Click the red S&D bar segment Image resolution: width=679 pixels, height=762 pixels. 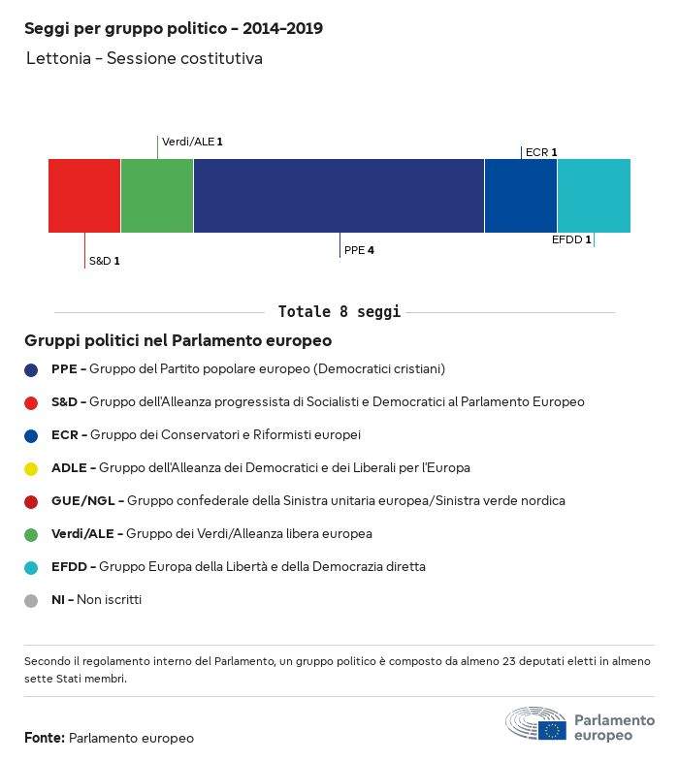pyautogui.click(x=84, y=196)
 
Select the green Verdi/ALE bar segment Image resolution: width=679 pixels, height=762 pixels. pyautogui.click(x=157, y=196)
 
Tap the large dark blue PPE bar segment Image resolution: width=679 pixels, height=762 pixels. pyautogui.click(x=339, y=196)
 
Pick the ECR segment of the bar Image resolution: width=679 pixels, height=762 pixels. pyautogui.click(x=521, y=196)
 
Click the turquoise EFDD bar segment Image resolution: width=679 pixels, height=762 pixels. pyautogui.click(x=594, y=196)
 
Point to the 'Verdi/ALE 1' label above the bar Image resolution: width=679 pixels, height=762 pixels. pyautogui.click(x=192, y=142)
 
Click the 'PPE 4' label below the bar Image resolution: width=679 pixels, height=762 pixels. pyautogui.click(x=359, y=250)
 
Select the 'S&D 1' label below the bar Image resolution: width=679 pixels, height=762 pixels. pyautogui.click(x=104, y=261)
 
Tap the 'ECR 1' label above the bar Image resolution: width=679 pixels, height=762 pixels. pyautogui.click(x=540, y=152)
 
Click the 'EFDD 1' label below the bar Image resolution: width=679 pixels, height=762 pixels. pyautogui.click(x=571, y=239)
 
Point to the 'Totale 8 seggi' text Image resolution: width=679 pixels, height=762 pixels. pyautogui.click(x=339, y=312)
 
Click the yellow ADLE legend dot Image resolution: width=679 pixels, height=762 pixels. pyautogui.click(x=31, y=468)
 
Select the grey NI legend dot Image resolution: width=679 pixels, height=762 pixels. pyautogui.click(x=31, y=600)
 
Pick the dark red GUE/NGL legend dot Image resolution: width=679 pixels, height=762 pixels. pyautogui.click(x=31, y=501)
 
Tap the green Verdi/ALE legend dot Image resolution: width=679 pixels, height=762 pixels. pyautogui.click(x=31, y=534)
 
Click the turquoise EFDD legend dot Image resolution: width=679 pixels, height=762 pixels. pyautogui.click(x=31, y=567)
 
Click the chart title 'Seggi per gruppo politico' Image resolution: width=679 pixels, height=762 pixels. pyautogui.click(x=174, y=29)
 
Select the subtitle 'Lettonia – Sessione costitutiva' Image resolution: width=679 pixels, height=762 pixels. pyautogui.click(x=144, y=59)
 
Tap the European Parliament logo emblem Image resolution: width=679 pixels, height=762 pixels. pyautogui.click(x=535, y=724)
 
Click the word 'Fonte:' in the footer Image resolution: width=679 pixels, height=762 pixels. pyautogui.click(x=45, y=739)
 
